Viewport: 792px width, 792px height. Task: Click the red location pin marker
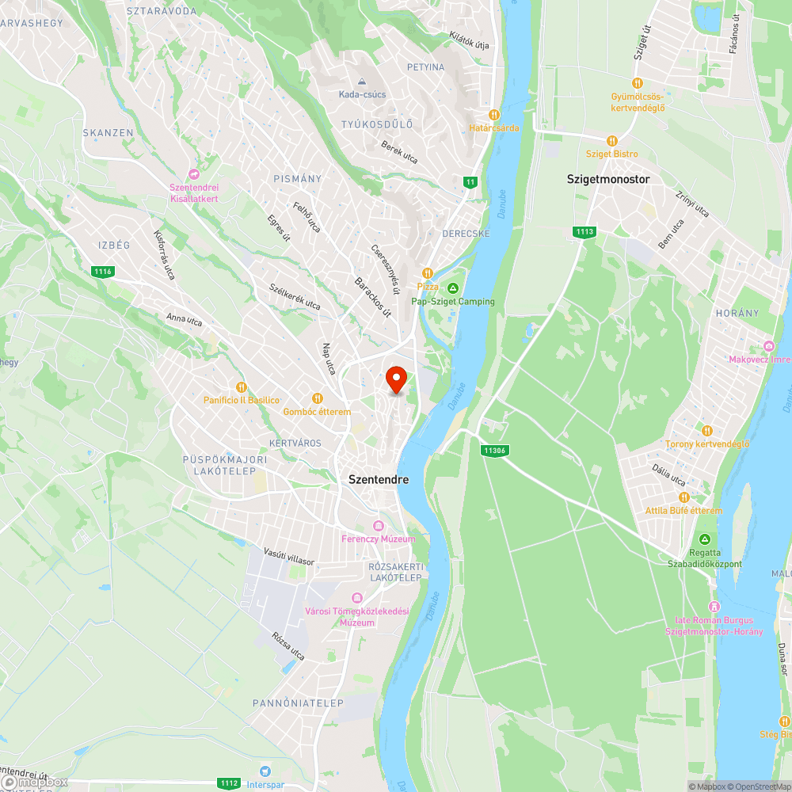click(396, 379)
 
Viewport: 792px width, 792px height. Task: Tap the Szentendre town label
click(379, 479)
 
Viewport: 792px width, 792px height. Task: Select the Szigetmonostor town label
click(608, 179)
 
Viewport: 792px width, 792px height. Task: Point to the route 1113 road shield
click(584, 231)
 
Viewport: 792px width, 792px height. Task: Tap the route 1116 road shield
click(102, 272)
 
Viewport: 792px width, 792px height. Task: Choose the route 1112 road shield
click(229, 782)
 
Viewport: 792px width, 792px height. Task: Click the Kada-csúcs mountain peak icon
click(362, 82)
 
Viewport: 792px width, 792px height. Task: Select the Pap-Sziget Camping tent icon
click(453, 287)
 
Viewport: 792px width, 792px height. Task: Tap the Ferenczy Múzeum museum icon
click(378, 526)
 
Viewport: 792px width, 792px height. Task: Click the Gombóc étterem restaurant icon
click(317, 398)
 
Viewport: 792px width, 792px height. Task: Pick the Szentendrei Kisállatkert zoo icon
click(193, 174)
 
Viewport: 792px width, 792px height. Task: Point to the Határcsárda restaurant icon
click(494, 115)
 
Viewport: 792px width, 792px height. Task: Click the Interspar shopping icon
click(265, 770)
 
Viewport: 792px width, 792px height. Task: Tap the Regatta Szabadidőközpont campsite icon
click(694, 539)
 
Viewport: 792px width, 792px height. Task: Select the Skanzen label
click(109, 133)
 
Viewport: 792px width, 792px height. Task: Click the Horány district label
click(737, 313)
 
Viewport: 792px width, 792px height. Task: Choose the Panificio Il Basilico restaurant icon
click(242, 387)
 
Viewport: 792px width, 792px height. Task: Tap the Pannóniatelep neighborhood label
click(286, 703)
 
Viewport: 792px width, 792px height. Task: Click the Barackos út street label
click(373, 297)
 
